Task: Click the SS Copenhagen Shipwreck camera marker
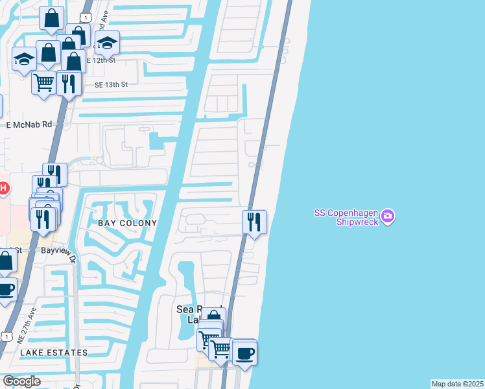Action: click(387, 216)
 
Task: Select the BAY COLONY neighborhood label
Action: click(127, 223)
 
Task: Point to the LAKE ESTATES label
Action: click(54, 353)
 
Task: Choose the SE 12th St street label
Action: click(100, 60)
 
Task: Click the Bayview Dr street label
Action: click(58, 249)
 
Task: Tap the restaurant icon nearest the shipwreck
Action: click(255, 222)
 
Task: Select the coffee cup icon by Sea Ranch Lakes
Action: click(244, 354)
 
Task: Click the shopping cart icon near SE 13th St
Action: click(43, 83)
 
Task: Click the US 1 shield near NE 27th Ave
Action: click(6, 336)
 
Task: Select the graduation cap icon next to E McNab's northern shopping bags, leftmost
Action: click(25, 60)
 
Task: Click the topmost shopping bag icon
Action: click(52, 19)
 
